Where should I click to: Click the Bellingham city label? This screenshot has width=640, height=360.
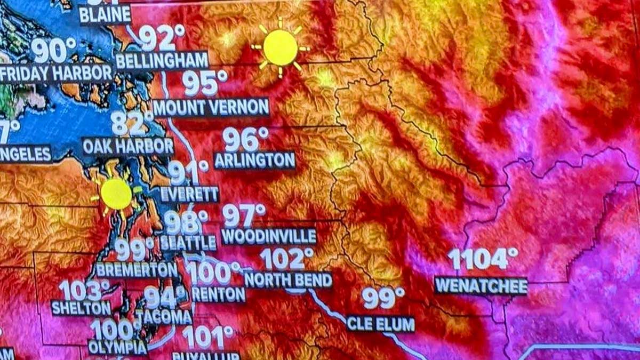(x=162, y=61)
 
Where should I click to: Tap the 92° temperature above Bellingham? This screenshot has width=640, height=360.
(x=158, y=38)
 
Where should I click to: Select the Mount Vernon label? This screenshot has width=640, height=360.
(x=211, y=108)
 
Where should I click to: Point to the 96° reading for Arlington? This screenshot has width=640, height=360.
(x=245, y=140)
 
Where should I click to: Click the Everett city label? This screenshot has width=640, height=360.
(x=189, y=194)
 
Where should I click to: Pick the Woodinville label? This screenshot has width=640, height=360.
(x=269, y=236)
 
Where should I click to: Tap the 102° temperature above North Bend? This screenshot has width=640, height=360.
(x=287, y=259)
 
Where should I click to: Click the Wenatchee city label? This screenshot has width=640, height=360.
(x=481, y=285)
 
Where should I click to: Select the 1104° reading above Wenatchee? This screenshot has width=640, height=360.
(x=483, y=259)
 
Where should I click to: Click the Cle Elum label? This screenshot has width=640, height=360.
(x=380, y=323)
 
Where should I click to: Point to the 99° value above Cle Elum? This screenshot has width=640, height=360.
(x=383, y=298)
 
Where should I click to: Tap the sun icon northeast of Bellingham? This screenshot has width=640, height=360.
(x=280, y=47)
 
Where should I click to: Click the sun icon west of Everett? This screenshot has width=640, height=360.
(x=116, y=194)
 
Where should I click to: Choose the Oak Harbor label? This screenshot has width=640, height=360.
(x=128, y=146)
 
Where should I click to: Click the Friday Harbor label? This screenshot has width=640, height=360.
(x=56, y=73)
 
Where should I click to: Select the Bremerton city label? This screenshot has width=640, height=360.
(x=137, y=270)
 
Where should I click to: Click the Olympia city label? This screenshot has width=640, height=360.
(x=117, y=347)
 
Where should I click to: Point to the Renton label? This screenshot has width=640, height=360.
(x=219, y=294)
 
